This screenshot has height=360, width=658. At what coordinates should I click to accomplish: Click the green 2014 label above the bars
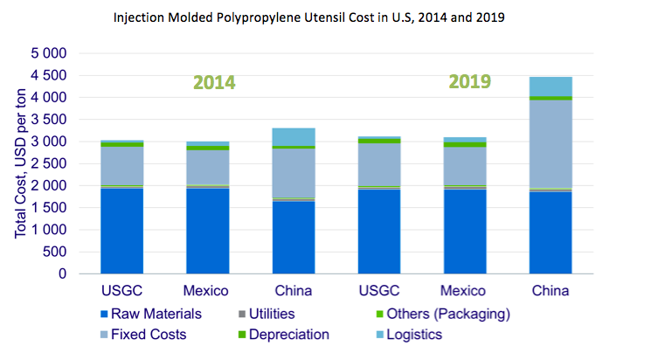214,83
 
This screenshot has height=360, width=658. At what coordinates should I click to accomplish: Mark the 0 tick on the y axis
61,273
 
